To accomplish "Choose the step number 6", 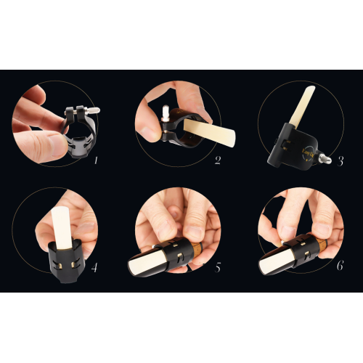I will (x=340, y=266).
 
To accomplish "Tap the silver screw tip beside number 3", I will (x=328, y=159).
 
